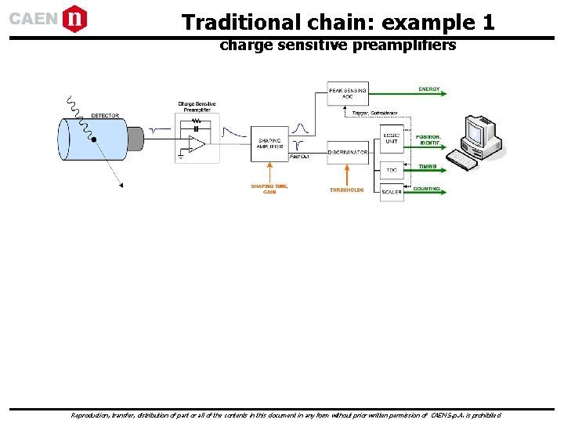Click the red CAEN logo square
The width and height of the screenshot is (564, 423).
74,18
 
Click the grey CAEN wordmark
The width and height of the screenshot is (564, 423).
33,19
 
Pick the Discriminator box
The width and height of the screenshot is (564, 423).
347,152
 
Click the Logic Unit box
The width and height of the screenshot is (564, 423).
392,137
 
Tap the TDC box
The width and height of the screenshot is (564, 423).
392,170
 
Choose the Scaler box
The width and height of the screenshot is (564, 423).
392,192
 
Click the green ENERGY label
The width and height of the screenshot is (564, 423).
429,89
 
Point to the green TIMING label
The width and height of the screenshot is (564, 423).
428,166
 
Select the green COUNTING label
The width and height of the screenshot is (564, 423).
427,189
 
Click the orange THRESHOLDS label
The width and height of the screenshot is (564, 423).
346,190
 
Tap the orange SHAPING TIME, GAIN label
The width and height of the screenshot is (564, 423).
269,189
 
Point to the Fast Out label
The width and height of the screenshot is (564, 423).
298,157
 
